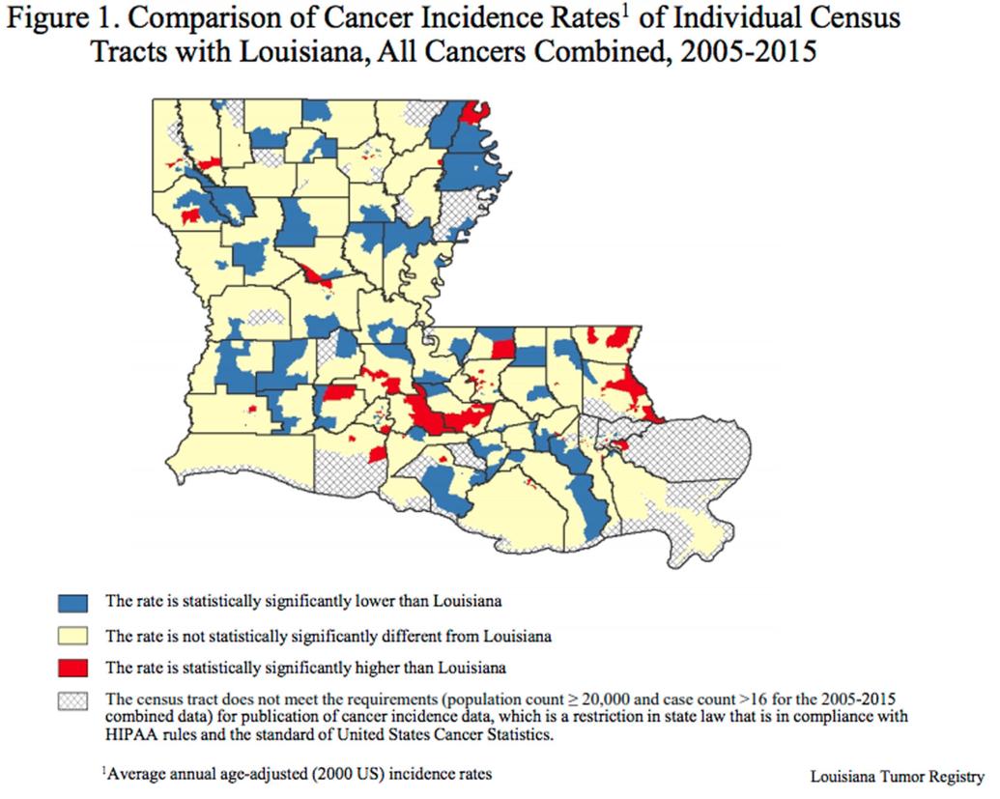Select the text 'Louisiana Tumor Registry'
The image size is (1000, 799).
pos(898,776)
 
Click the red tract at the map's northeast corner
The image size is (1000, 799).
pos(473,113)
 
